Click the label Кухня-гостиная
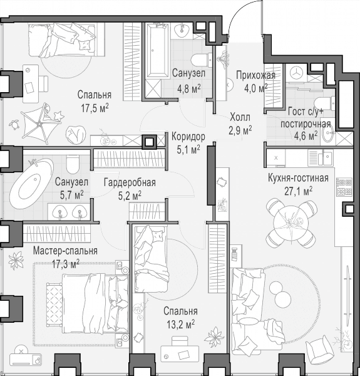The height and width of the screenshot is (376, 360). point(298,179)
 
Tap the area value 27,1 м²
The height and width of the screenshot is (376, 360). point(298,191)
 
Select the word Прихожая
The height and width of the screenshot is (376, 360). point(255,75)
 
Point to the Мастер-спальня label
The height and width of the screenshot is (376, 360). point(65,251)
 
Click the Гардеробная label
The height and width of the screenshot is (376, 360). point(130,183)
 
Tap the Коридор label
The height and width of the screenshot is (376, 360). point(188,137)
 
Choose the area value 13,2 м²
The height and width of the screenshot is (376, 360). point(180,325)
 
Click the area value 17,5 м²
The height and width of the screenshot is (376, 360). point(95,108)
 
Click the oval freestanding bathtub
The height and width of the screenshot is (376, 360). point(31,183)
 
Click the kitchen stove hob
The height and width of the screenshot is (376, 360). point(344,187)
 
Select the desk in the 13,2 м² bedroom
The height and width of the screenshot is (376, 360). point(180,353)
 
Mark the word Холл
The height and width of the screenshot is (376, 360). point(240,117)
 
